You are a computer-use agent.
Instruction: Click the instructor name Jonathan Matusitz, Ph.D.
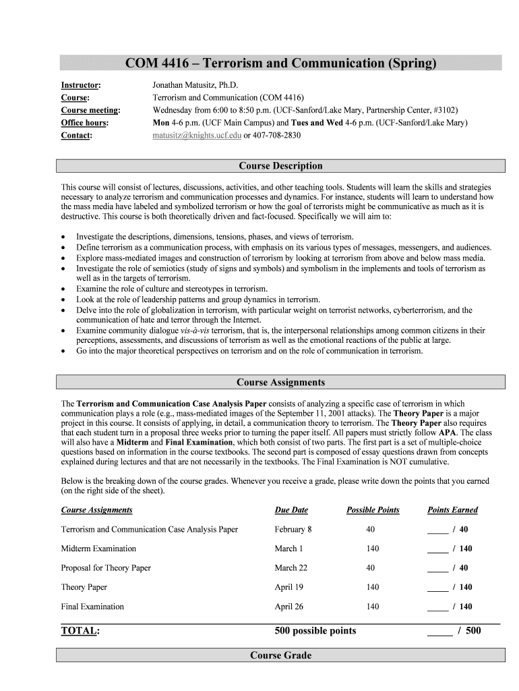pyautogui.click(x=195, y=86)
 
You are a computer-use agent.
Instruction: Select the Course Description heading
pyautogui.click(x=280, y=166)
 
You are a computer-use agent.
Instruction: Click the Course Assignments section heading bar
pyautogui.click(x=280, y=383)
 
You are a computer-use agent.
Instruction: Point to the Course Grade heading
pyautogui.click(x=280, y=655)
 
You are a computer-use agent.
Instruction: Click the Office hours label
pyautogui.click(x=84, y=123)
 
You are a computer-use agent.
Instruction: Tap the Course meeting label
pyautogui.click(x=90, y=111)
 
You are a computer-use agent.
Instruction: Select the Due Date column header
pyautogui.click(x=291, y=510)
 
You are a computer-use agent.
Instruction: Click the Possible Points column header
pyautogui.click(x=373, y=510)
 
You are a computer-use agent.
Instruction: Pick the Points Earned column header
pyautogui.click(x=452, y=510)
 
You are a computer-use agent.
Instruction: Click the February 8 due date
pyautogui.click(x=293, y=529)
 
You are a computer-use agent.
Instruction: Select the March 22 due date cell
pyautogui.click(x=291, y=568)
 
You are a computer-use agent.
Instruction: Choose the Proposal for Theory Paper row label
pyautogui.click(x=106, y=568)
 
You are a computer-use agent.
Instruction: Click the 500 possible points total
pyautogui.click(x=315, y=631)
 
